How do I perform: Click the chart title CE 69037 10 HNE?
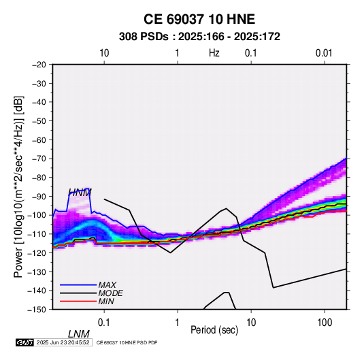coord(199,19)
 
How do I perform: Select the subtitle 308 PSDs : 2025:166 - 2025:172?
coord(199,37)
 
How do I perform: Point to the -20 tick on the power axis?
coord(39,65)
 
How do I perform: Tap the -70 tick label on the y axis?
coord(39,159)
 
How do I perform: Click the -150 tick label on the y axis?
coord(37,310)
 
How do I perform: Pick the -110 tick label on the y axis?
coord(37,234)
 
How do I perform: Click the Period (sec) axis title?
coord(214,330)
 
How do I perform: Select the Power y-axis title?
coord(18,187)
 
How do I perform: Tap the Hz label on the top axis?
coord(214,53)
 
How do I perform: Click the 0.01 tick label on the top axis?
coord(324,53)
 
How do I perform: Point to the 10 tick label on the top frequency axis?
coord(104,53)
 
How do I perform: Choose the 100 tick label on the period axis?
coord(325,323)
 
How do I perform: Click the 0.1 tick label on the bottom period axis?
coord(104,323)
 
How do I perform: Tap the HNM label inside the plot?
coord(80,193)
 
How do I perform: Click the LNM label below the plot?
coord(79,334)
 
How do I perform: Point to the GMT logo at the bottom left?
coord(24,342)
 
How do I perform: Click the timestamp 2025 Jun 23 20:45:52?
coord(63,342)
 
